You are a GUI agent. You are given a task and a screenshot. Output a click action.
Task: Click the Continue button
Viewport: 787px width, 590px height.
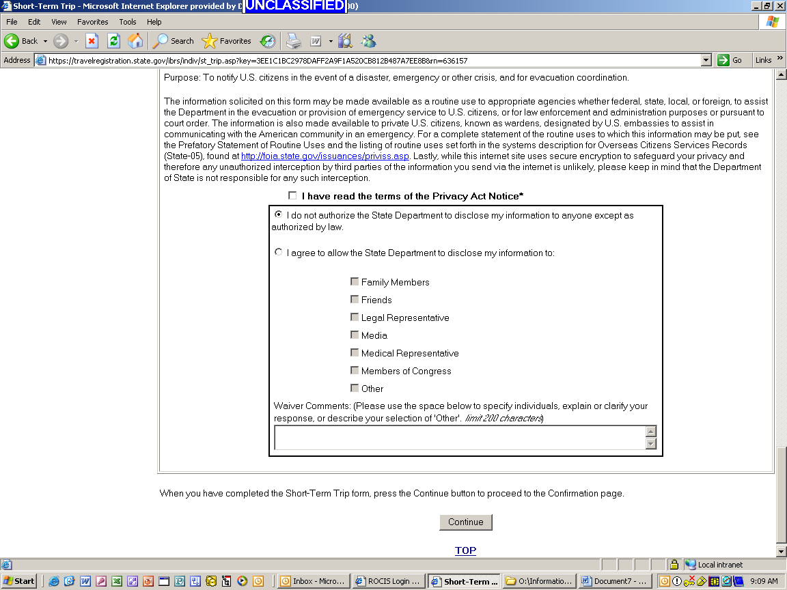(x=465, y=522)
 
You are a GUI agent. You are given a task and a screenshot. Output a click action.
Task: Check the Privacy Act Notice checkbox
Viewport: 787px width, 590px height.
(x=292, y=196)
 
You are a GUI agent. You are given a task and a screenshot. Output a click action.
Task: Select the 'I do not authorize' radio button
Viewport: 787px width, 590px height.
(x=278, y=214)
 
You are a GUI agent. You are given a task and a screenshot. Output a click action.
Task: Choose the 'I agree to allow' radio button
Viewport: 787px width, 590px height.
(x=278, y=252)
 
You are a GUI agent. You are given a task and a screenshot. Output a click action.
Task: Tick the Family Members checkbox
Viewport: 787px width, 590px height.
(x=355, y=281)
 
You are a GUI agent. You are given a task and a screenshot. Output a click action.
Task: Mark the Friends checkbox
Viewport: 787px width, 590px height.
(x=355, y=299)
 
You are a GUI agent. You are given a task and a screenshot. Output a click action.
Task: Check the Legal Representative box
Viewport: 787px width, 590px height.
(x=355, y=317)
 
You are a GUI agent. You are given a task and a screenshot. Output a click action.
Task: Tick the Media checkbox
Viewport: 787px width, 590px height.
(x=355, y=335)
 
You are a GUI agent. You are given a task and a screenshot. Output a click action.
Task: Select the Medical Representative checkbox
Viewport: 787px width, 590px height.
(x=355, y=352)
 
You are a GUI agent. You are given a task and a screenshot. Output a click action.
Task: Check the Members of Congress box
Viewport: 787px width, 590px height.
(x=355, y=370)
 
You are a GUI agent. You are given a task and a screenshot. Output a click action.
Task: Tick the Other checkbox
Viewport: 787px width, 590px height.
(x=355, y=388)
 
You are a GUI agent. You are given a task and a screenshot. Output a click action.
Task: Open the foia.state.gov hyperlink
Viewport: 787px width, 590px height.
(x=325, y=156)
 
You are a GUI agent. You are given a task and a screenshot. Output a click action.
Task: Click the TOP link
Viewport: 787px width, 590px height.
(x=465, y=550)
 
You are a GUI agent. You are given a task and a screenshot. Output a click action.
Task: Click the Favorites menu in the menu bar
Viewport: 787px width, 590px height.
(x=92, y=22)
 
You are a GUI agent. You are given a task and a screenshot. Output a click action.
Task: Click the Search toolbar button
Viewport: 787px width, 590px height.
(x=174, y=41)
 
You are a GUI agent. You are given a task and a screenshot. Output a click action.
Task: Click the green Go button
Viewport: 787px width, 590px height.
(x=730, y=60)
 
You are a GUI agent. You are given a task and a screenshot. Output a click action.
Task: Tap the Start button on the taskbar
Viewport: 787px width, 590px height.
(x=19, y=581)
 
